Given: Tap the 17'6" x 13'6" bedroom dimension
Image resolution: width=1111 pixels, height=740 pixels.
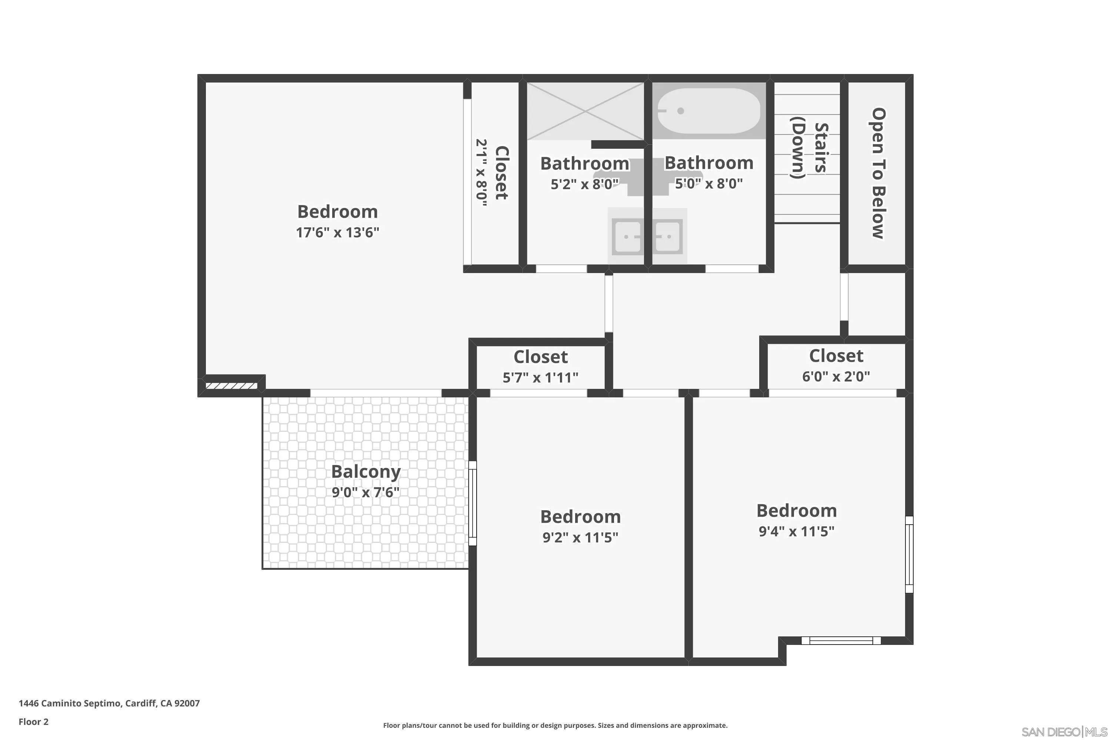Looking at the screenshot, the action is click(x=337, y=232).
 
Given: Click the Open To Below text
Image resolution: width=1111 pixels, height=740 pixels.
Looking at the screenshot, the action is click(x=878, y=173).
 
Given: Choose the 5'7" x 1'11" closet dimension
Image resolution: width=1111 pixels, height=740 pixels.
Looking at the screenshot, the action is click(x=540, y=377).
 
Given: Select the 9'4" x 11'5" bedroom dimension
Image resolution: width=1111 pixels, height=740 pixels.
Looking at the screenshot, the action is click(x=797, y=531).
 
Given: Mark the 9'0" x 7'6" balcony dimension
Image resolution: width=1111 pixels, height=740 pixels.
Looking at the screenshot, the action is click(x=366, y=492).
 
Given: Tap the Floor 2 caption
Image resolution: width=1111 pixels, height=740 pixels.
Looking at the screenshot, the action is click(x=34, y=735).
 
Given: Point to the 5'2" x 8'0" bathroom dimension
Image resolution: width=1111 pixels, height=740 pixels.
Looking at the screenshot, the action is click(x=585, y=184).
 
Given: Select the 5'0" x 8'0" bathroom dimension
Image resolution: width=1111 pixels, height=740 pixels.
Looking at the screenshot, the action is click(x=708, y=184).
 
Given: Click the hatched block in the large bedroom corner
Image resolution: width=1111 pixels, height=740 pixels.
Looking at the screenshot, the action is click(x=231, y=386).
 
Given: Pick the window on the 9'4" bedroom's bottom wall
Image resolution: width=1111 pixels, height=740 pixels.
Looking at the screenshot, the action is click(x=841, y=640).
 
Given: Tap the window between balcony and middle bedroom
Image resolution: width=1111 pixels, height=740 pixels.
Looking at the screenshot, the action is click(x=473, y=503).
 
